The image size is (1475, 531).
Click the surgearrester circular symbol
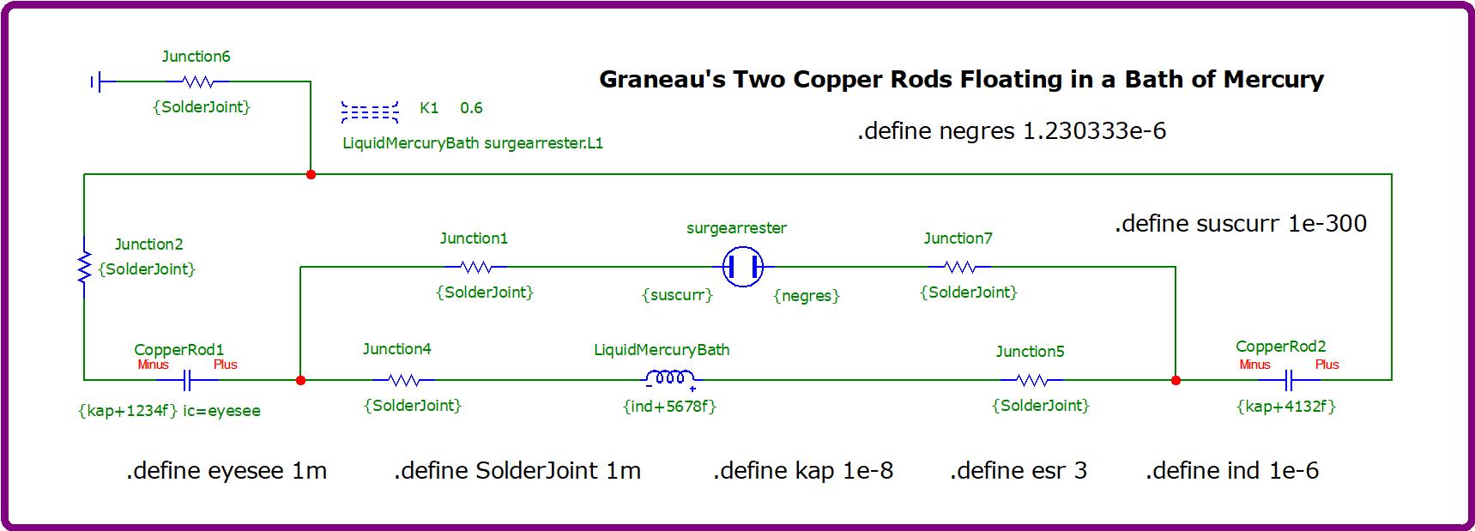pyautogui.click(x=742, y=267)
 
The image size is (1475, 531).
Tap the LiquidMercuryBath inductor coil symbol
pyautogui.click(x=670, y=378)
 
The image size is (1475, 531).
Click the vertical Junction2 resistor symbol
pyautogui.click(x=84, y=267)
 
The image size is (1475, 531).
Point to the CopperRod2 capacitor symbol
pyautogui.click(x=1288, y=379)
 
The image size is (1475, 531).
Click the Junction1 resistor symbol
pyautogui.click(x=476, y=267)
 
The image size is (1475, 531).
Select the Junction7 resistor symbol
pyautogui.click(x=959, y=267)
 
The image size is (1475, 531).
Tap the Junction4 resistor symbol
pyautogui.click(x=403, y=379)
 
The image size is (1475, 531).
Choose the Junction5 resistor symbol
pyautogui.click(x=1031, y=379)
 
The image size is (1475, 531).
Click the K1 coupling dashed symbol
pyautogui.click(x=370, y=112)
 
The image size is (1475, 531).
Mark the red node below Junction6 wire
pyautogui.click(x=311, y=174)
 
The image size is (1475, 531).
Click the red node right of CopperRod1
pyautogui.click(x=300, y=379)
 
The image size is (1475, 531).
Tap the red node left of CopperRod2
pyautogui.click(x=1176, y=379)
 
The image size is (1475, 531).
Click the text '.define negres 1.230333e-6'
pyautogui.click(x=1012, y=131)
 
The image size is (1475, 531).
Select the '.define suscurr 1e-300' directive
pyautogui.click(x=1241, y=224)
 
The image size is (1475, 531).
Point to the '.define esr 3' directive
pyautogui.click(x=1019, y=470)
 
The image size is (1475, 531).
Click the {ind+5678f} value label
pyautogui.click(x=669, y=406)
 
